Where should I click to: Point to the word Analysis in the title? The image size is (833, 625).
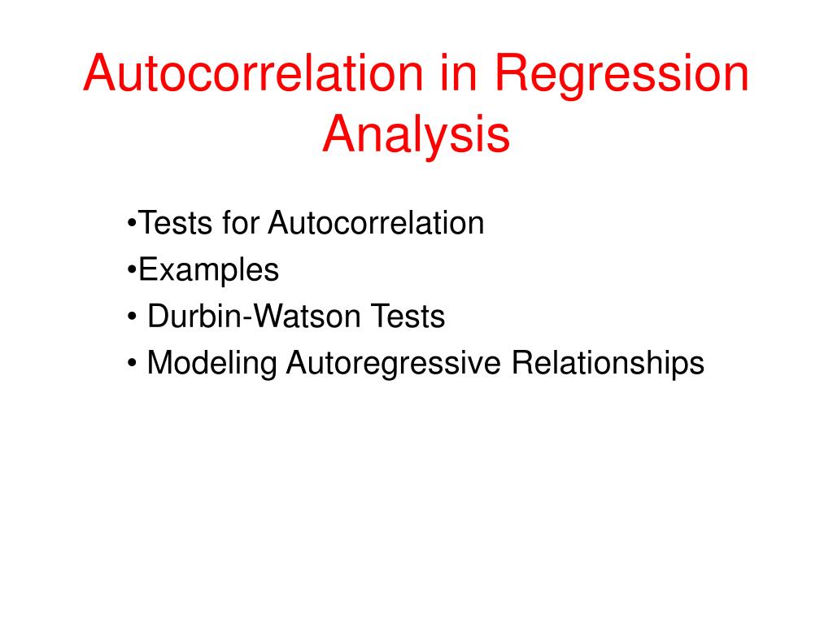click(416, 134)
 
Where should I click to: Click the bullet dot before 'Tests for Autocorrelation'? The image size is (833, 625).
click(132, 223)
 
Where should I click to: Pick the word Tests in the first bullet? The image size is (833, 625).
click(176, 223)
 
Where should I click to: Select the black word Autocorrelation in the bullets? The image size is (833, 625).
click(376, 223)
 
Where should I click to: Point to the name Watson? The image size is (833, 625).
click(307, 317)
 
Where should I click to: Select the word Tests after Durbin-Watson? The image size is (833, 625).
click(408, 317)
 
